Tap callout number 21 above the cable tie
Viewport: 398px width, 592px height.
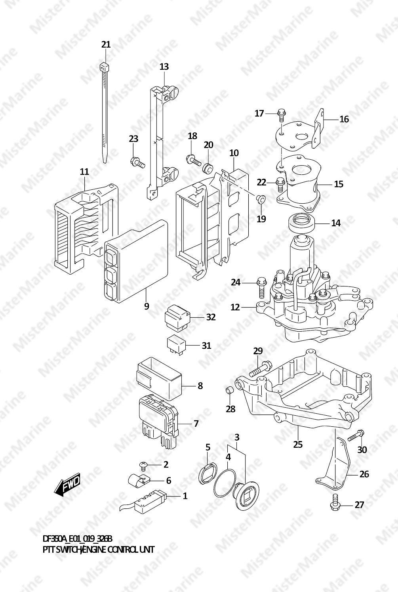(x=106, y=44)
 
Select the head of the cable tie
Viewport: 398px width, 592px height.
(x=105, y=66)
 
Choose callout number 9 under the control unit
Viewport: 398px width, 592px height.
(x=147, y=306)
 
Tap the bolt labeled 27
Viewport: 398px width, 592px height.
(x=334, y=502)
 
